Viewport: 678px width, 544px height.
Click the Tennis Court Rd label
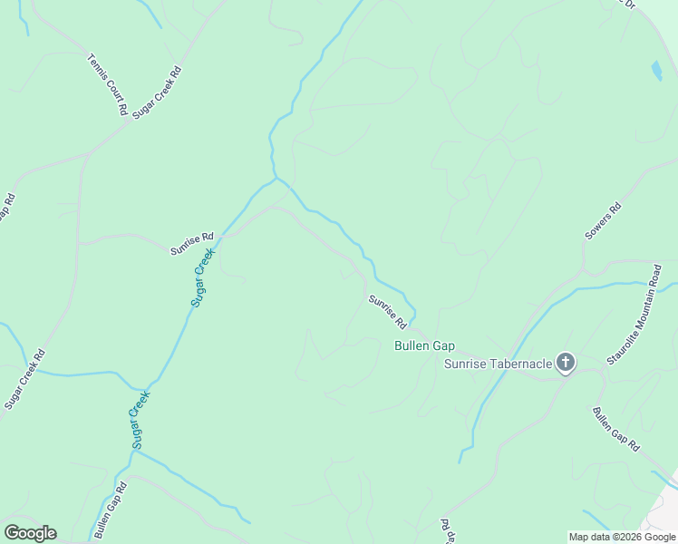pos(107,84)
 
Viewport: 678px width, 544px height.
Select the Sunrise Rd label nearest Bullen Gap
pos(387,311)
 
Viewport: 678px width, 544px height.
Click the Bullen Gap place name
pos(424,345)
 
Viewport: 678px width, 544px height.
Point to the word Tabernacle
pos(520,364)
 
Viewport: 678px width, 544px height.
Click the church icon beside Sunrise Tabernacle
pos(565,364)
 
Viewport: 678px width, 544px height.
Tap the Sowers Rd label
pos(603,220)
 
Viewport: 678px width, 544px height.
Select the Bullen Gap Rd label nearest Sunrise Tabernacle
pos(616,429)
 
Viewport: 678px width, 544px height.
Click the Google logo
pos(30,533)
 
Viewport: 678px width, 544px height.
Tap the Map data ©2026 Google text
pos(623,537)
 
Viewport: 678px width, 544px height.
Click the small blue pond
pos(655,70)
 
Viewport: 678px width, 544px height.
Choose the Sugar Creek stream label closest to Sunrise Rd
pos(203,277)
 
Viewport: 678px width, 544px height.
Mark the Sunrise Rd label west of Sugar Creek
pos(191,242)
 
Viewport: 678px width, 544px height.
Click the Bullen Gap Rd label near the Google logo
pos(110,510)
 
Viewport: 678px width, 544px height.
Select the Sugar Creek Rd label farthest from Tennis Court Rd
pos(24,379)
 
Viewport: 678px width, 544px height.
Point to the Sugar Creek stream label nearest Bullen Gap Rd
pos(137,418)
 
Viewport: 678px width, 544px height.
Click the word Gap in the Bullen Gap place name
pos(441,345)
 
